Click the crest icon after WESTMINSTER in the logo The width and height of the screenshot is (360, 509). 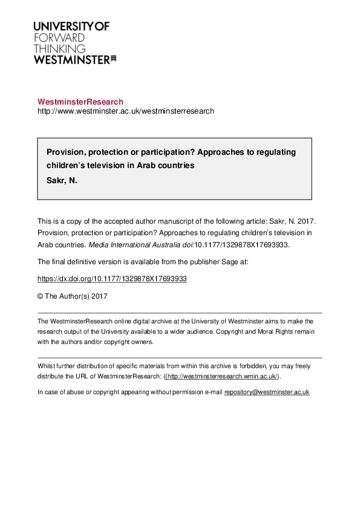tap(113, 59)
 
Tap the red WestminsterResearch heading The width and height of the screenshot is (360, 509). tap(80, 102)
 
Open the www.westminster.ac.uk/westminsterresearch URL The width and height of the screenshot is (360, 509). tap(125, 111)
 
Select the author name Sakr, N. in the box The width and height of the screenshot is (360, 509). tap(62, 180)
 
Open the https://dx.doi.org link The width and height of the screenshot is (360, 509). tap(112, 279)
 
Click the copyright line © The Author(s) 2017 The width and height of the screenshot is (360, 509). tap(72, 296)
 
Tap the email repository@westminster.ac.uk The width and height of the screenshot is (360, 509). tap(267, 392)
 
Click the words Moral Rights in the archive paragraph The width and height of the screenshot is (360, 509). tap(267, 332)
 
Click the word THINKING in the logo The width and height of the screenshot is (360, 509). tap(59, 48)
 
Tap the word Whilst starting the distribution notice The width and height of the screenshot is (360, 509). tap(46, 366)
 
